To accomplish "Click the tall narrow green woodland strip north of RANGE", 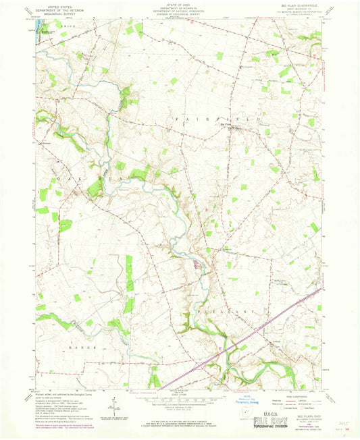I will coord(128,273).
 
